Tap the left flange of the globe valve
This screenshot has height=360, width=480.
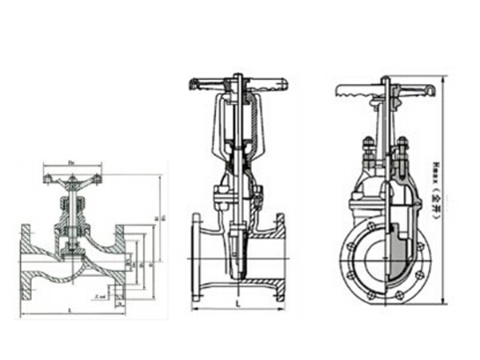25,260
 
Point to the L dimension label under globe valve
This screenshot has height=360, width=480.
72,309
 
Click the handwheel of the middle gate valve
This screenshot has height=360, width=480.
238,83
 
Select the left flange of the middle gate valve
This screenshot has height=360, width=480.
196,256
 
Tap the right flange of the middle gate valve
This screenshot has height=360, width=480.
280,256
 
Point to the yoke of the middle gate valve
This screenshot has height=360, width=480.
238,128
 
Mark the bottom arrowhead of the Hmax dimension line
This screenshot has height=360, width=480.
444,302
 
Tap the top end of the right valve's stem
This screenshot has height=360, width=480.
386,78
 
